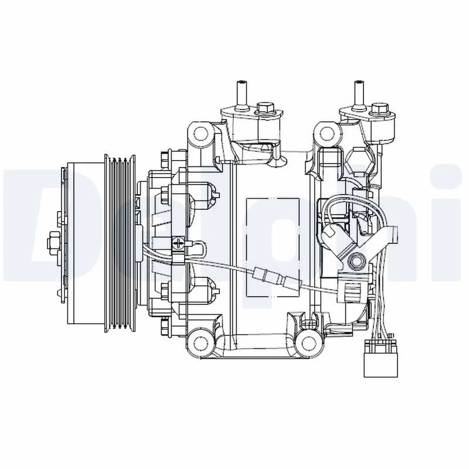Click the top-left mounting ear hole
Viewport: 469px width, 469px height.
coord(202,134)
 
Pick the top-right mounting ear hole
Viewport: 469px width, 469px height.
coord(328,134)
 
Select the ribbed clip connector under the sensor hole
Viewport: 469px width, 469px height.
coord(354,288)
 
